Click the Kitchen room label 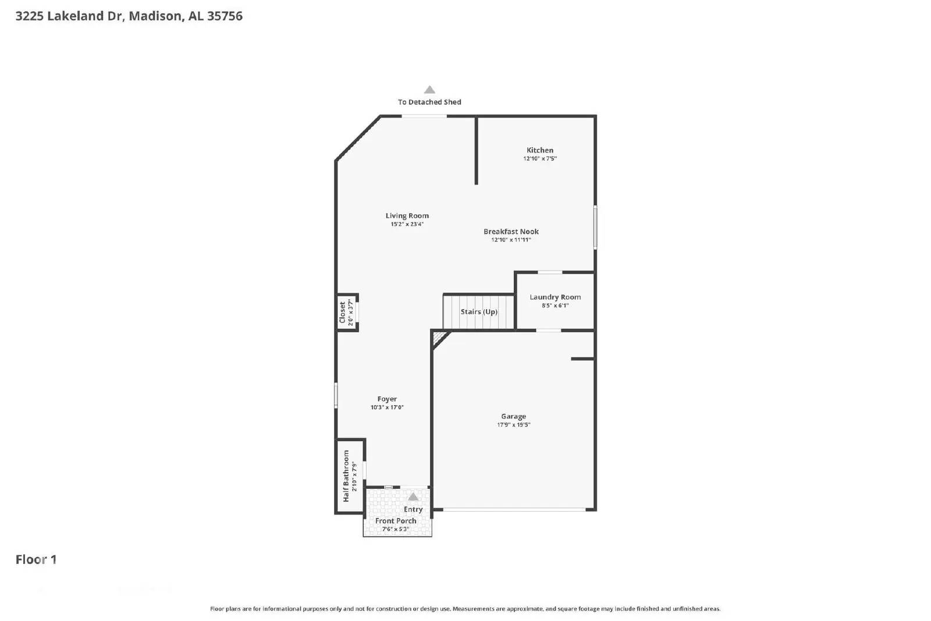pyautogui.click(x=539, y=150)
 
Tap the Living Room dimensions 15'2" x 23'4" pyautogui.click(x=407, y=224)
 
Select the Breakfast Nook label pyautogui.click(x=511, y=232)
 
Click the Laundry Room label pyautogui.click(x=555, y=297)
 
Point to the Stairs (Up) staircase pyautogui.click(x=479, y=312)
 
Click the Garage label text pyautogui.click(x=513, y=416)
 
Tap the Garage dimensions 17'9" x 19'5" pyautogui.click(x=513, y=425)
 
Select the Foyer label pyautogui.click(x=387, y=399)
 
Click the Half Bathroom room pyautogui.click(x=350, y=475)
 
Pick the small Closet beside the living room pyautogui.click(x=347, y=313)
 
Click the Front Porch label pyautogui.click(x=396, y=521)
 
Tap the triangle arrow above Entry pyautogui.click(x=413, y=497)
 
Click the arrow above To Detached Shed pyautogui.click(x=429, y=90)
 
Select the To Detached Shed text pyautogui.click(x=429, y=102)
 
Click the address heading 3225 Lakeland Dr pyautogui.click(x=129, y=16)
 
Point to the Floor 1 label pyautogui.click(x=36, y=559)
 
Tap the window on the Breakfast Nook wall pyautogui.click(x=595, y=227)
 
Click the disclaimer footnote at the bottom pyautogui.click(x=465, y=609)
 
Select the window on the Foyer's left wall pyautogui.click(x=336, y=395)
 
